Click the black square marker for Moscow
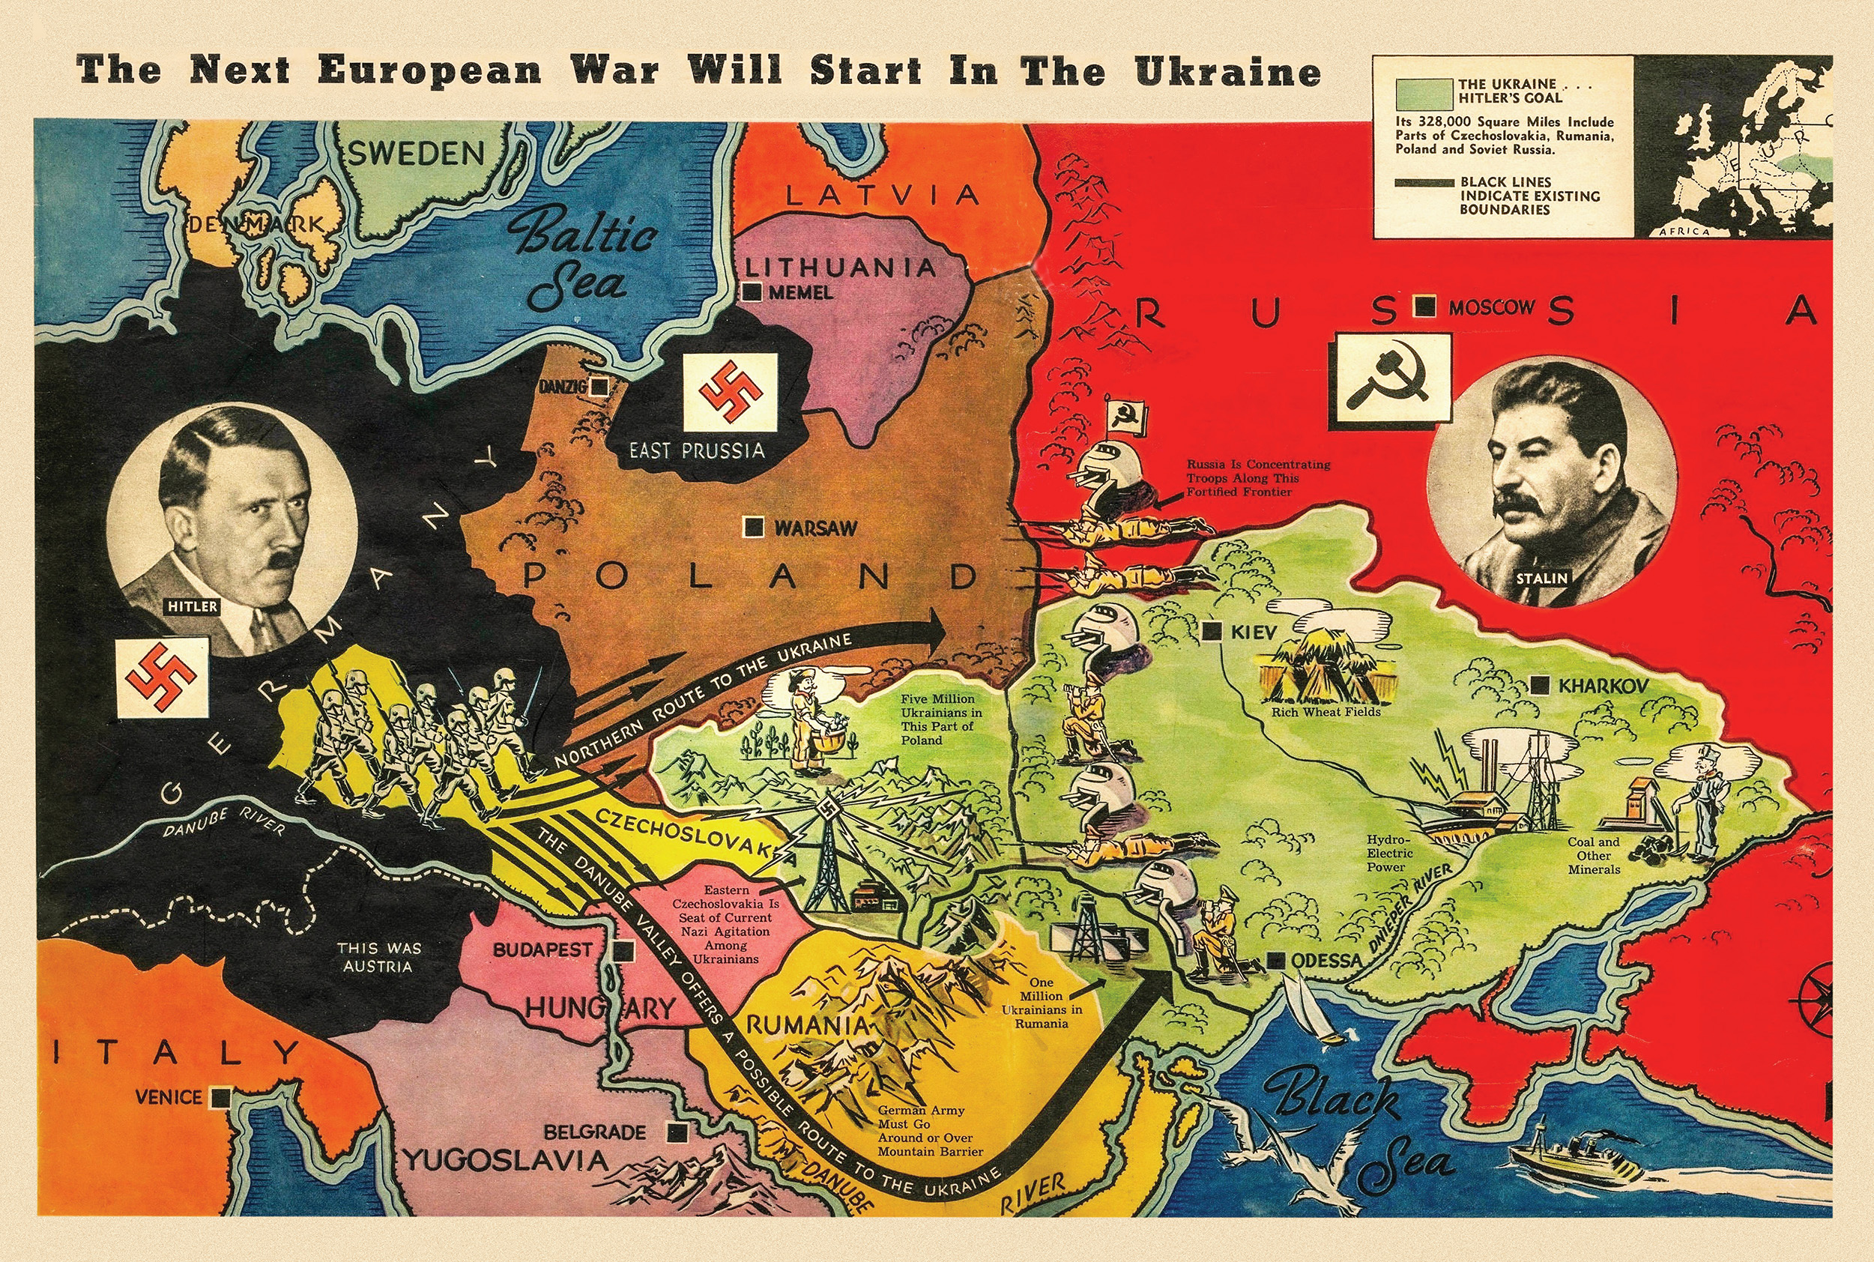1426,307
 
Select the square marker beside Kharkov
1540,686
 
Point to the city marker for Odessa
1275,960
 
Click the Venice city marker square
220,1097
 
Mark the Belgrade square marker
678,1132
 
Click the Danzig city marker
599,387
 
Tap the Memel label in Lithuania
800,293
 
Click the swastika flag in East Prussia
730,391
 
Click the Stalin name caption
1543,577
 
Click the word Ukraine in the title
1228,71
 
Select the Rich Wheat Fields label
1326,711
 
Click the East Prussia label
697,450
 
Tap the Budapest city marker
623,950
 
